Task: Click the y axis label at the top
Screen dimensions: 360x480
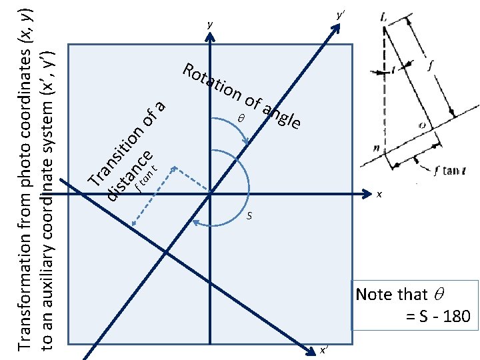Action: (x=209, y=25)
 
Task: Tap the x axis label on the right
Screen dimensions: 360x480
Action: (x=379, y=195)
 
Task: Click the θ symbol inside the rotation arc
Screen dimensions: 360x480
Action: (x=241, y=118)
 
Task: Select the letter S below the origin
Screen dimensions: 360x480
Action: (x=249, y=216)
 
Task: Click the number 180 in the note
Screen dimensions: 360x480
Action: (x=456, y=315)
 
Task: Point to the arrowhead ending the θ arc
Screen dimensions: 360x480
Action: (x=247, y=141)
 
